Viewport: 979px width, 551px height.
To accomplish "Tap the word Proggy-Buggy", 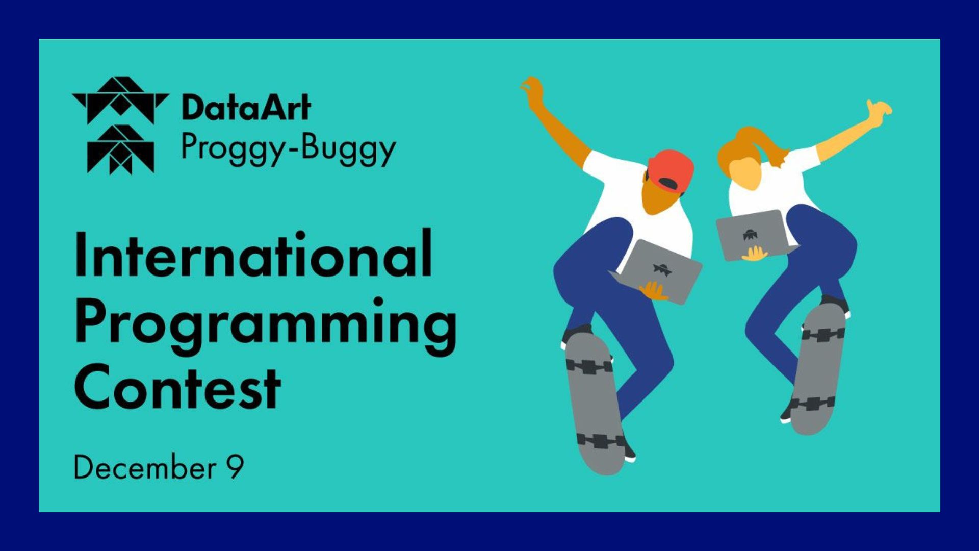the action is pos(289,149).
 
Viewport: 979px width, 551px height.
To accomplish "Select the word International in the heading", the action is pos(253,254).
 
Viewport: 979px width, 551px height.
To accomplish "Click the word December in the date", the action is pos(145,466).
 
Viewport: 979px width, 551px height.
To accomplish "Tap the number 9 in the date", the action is pos(235,466).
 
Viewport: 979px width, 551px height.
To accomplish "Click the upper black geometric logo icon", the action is pos(120,101).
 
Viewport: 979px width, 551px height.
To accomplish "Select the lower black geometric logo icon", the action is pos(120,149).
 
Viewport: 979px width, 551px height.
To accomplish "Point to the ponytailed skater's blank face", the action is pos(744,173).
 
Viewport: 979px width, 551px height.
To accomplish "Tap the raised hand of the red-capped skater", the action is pos(532,90).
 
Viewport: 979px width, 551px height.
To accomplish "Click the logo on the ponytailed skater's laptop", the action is pos(750,235).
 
